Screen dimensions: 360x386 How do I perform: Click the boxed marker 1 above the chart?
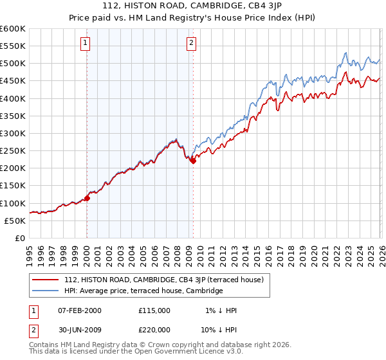click(86, 43)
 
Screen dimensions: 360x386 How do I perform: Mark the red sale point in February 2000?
click(87, 198)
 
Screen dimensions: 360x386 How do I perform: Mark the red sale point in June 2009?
click(193, 161)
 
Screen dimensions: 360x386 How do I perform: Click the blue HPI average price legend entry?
click(143, 291)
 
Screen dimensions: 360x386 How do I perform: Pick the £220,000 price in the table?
click(154, 330)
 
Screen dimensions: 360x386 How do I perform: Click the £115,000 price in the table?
click(154, 310)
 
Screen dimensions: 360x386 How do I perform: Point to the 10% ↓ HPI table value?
click(219, 330)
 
